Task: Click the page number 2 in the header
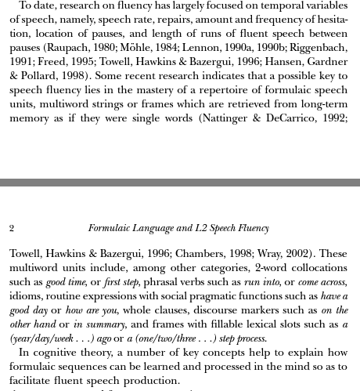coord(12,229)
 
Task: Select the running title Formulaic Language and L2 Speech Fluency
coord(178,229)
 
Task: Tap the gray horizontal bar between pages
coord(180,183)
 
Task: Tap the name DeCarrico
coord(290,118)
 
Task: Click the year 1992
coord(335,118)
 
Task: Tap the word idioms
coord(26,297)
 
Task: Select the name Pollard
coord(41,75)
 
